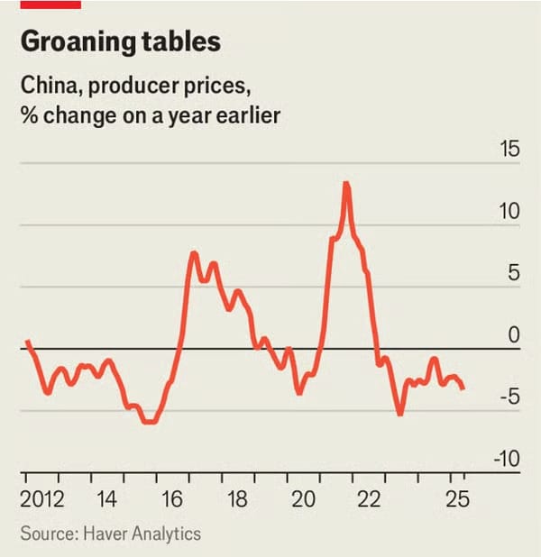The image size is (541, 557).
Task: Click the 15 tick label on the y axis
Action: (509, 150)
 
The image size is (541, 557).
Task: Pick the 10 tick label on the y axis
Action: (509, 212)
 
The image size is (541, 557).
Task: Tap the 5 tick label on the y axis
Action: (515, 274)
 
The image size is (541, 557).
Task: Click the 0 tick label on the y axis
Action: (515, 336)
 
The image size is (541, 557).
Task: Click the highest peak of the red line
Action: (346, 184)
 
